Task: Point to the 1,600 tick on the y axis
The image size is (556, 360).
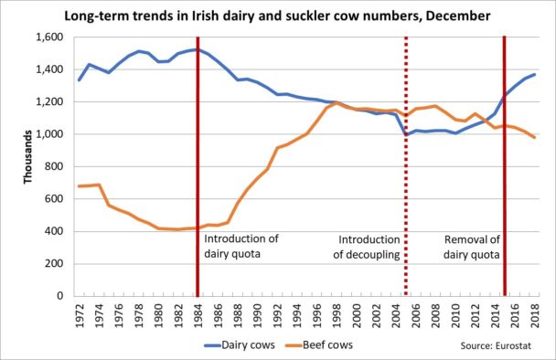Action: [46, 37]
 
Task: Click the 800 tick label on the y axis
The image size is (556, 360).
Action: [52, 167]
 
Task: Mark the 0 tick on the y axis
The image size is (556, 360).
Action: [59, 296]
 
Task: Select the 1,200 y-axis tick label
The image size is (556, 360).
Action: [46, 102]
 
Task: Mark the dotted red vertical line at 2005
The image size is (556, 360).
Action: [406, 183]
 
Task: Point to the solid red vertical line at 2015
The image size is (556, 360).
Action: [505, 183]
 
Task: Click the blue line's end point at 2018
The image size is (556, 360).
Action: [535, 74]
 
